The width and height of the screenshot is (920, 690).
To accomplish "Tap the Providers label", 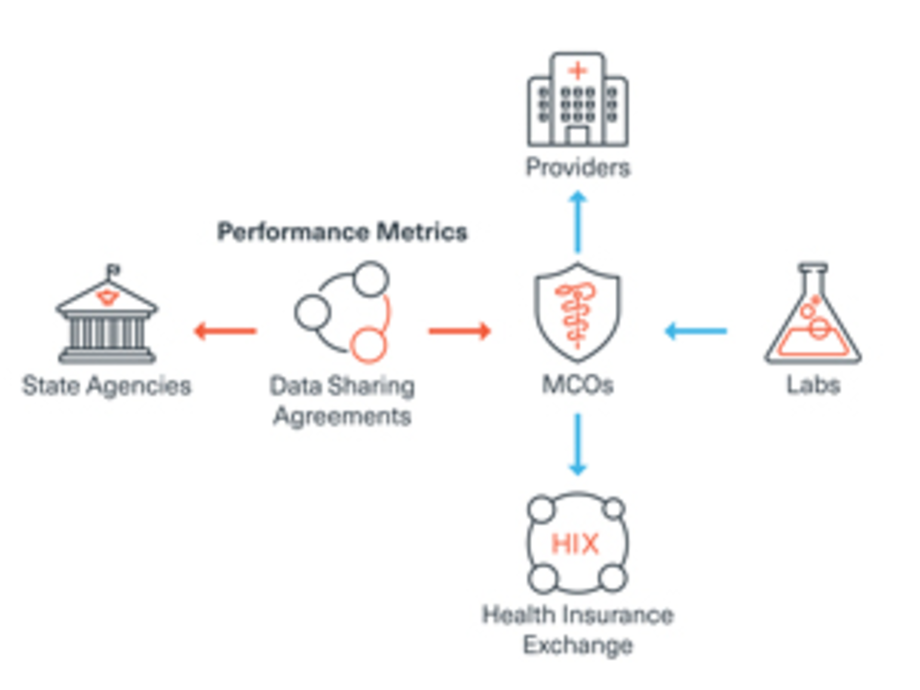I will point(578,168).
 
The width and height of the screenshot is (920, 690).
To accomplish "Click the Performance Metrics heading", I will point(342,232).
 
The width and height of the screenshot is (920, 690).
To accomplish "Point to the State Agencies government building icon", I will point(107,319).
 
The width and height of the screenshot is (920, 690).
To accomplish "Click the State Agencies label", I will point(107,386).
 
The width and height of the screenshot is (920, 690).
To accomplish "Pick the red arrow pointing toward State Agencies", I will point(225,331).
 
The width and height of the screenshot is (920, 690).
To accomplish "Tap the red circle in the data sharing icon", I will point(368,344).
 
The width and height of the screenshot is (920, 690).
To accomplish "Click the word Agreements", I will point(342,416).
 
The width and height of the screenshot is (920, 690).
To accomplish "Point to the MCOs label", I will point(577,385).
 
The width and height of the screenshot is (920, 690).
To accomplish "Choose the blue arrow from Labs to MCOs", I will point(696,331).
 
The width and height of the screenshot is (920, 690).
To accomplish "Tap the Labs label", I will point(813,385).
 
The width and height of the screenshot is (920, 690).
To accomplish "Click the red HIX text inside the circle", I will point(575,544).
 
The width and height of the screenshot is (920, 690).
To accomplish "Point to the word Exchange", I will point(578,645).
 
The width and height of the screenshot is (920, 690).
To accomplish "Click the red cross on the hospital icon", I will point(578,71).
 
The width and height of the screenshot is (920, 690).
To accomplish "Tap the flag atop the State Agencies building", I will point(114,270).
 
